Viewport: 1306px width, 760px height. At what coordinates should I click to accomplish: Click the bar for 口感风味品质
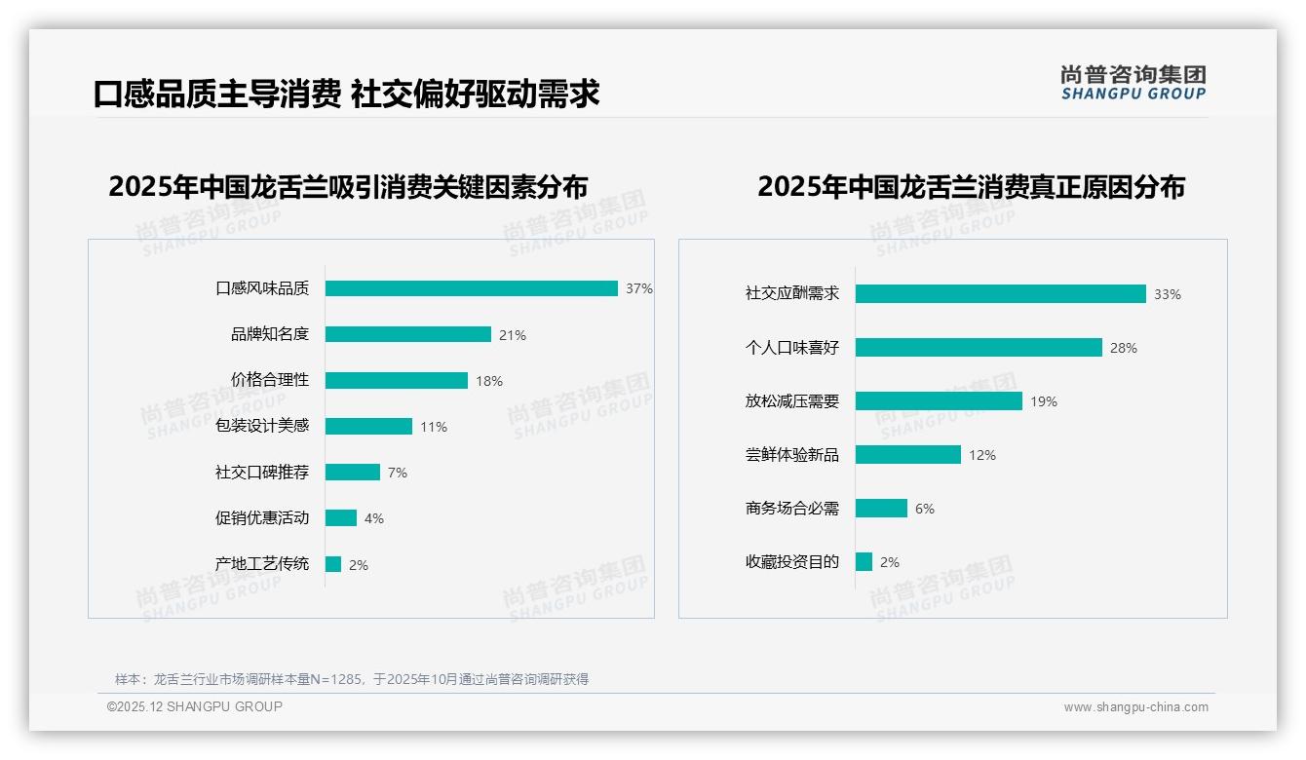click(x=472, y=288)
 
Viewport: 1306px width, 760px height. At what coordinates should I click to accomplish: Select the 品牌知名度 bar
click(x=408, y=334)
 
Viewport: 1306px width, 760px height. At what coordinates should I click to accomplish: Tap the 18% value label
click(x=489, y=381)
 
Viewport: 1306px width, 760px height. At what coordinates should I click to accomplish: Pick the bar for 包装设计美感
click(x=368, y=427)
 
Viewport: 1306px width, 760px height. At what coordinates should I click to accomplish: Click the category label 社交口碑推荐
click(x=262, y=473)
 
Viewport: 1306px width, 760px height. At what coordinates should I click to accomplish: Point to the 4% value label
click(x=374, y=518)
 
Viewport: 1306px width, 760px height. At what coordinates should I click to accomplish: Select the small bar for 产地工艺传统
click(x=333, y=564)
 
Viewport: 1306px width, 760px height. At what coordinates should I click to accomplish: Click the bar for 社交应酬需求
click(x=1001, y=294)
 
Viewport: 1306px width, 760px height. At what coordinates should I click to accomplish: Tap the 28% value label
click(x=1124, y=348)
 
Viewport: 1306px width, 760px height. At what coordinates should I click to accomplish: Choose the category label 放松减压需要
click(x=792, y=401)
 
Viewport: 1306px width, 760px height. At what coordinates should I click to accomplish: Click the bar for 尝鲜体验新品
click(x=908, y=455)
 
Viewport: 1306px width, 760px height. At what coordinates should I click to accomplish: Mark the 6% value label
click(x=925, y=509)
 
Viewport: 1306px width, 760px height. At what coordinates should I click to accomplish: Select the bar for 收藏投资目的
click(x=864, y=562)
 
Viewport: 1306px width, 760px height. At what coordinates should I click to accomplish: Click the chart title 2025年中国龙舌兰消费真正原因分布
click(x=971, y=187)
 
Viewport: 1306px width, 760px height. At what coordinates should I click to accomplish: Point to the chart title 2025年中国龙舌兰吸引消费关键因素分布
click(x=348, y=187)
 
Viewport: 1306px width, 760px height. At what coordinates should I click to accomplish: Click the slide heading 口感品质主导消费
click(x=217, y=95)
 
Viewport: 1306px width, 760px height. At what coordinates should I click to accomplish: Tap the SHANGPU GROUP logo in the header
click(x=1133, y=83)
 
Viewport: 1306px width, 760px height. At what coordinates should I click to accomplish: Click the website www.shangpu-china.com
click(x=1135, y=707)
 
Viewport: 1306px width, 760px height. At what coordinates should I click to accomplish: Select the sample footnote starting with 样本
click(x=352, y=679)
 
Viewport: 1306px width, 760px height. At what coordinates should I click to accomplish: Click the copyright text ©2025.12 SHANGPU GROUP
click(x=195, y=707)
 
